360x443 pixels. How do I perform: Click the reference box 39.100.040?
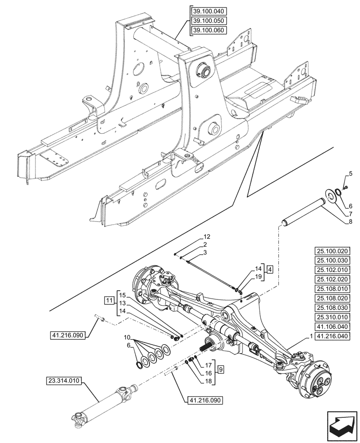click(207, 12)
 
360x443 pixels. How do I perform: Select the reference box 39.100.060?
click(207, 31)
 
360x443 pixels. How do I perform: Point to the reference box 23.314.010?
click(63, 380)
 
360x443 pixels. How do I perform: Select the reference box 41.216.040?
click(334, 336)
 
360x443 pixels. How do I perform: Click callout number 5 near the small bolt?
click(350, 173)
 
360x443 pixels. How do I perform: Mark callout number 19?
click(258, 277)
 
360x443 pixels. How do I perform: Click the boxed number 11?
click(110, 301)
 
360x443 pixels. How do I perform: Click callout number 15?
click(122, 295)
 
